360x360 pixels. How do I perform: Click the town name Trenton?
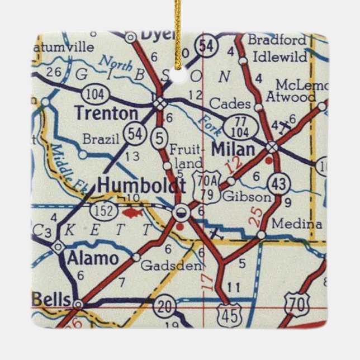point(106,113)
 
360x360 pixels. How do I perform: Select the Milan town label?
point(234,149)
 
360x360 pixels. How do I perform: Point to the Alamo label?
point(93,258)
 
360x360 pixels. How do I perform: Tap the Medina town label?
point(297,224)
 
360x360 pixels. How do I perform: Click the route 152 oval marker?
point(106,211)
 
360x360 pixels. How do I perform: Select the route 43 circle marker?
point(278,183)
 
